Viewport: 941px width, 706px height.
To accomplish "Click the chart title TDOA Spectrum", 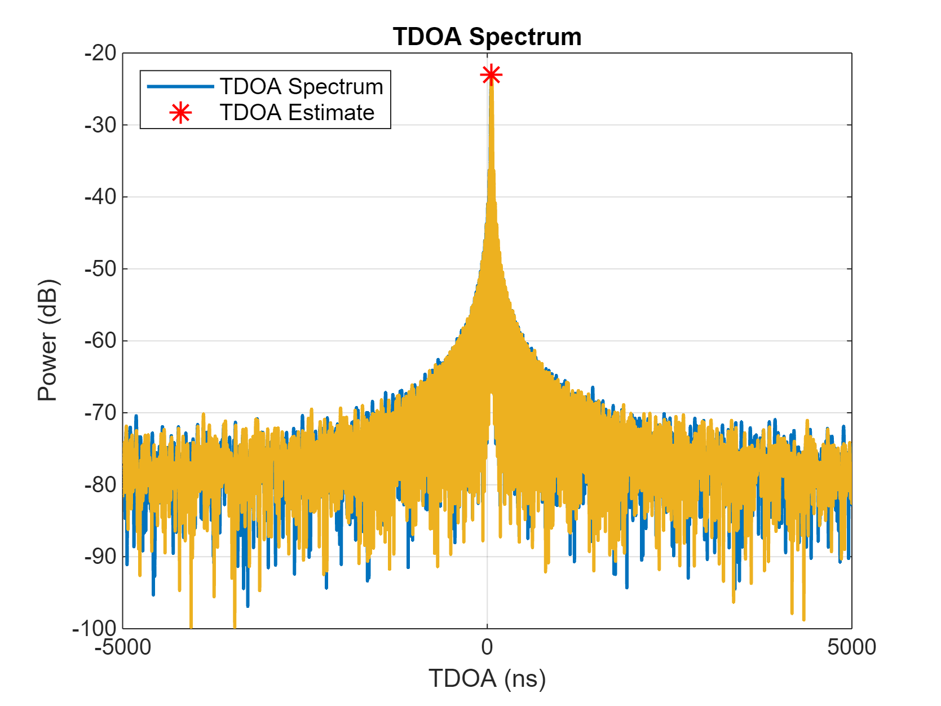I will [487, 37].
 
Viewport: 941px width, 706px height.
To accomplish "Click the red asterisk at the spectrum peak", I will [491, 75].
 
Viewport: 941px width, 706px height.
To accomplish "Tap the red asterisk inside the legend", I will [180, 113].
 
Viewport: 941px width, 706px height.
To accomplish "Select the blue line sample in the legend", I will [180, 86].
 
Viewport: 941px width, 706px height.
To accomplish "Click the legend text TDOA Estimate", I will [297, 113].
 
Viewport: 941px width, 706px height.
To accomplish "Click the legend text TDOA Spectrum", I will [301, 87].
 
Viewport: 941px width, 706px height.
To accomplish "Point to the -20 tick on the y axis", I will [100, 53].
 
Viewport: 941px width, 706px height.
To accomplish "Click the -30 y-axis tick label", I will [100, 125].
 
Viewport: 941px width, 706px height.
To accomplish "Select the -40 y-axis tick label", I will [100, 197].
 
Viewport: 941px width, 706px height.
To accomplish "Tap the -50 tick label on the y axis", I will [100, 269].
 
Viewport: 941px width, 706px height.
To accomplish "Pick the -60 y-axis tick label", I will [100, 341].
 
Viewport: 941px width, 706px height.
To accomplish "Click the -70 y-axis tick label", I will [100, 413].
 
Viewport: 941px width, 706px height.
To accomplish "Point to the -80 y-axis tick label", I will [100, 484].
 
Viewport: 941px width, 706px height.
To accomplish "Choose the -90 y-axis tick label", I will [100, 557].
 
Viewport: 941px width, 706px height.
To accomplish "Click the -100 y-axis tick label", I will [95, 628].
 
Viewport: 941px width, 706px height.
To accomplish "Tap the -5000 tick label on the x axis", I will [123, 647].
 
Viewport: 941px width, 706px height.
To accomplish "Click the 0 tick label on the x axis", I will [487, 647].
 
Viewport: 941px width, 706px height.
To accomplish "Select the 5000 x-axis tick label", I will [851, 647].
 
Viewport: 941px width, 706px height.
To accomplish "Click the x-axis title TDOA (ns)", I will [487, 678].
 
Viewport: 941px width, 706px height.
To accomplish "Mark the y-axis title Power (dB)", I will [48, 340].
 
